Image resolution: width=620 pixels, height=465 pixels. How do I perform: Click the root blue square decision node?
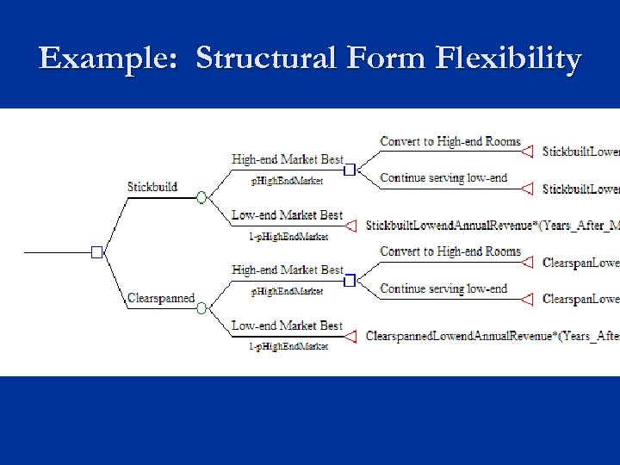tap(97, 252)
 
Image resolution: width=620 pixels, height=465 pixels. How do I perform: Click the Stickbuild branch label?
tap(152, 186)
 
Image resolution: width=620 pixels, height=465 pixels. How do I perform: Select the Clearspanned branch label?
tap(161, 298)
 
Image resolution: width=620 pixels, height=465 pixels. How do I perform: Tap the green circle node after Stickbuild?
tap(201, 197)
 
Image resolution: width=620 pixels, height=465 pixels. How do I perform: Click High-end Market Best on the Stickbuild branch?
tap(287, 159)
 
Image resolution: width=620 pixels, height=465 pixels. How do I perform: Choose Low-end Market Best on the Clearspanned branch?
tap(287, 325)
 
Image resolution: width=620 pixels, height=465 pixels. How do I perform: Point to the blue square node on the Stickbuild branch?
tap(350, 170)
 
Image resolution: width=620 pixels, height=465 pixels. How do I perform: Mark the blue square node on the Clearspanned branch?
tap(350, 281)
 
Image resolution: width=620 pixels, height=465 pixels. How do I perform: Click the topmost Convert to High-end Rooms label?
tap(449, 141)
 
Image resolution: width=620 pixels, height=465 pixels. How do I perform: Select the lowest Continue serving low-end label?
tap(443, 288)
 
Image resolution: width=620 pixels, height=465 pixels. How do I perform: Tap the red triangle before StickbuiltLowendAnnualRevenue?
tap(350, 226)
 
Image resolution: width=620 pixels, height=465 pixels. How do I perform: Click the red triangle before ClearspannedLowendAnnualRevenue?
tap(350, 336)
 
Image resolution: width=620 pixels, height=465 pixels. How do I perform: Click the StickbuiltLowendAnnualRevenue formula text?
tap(492, 226)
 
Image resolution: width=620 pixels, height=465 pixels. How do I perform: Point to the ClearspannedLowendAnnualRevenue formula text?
tap(492, 336)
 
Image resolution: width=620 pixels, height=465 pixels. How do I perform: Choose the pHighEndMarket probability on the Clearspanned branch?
tap(287, 291)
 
